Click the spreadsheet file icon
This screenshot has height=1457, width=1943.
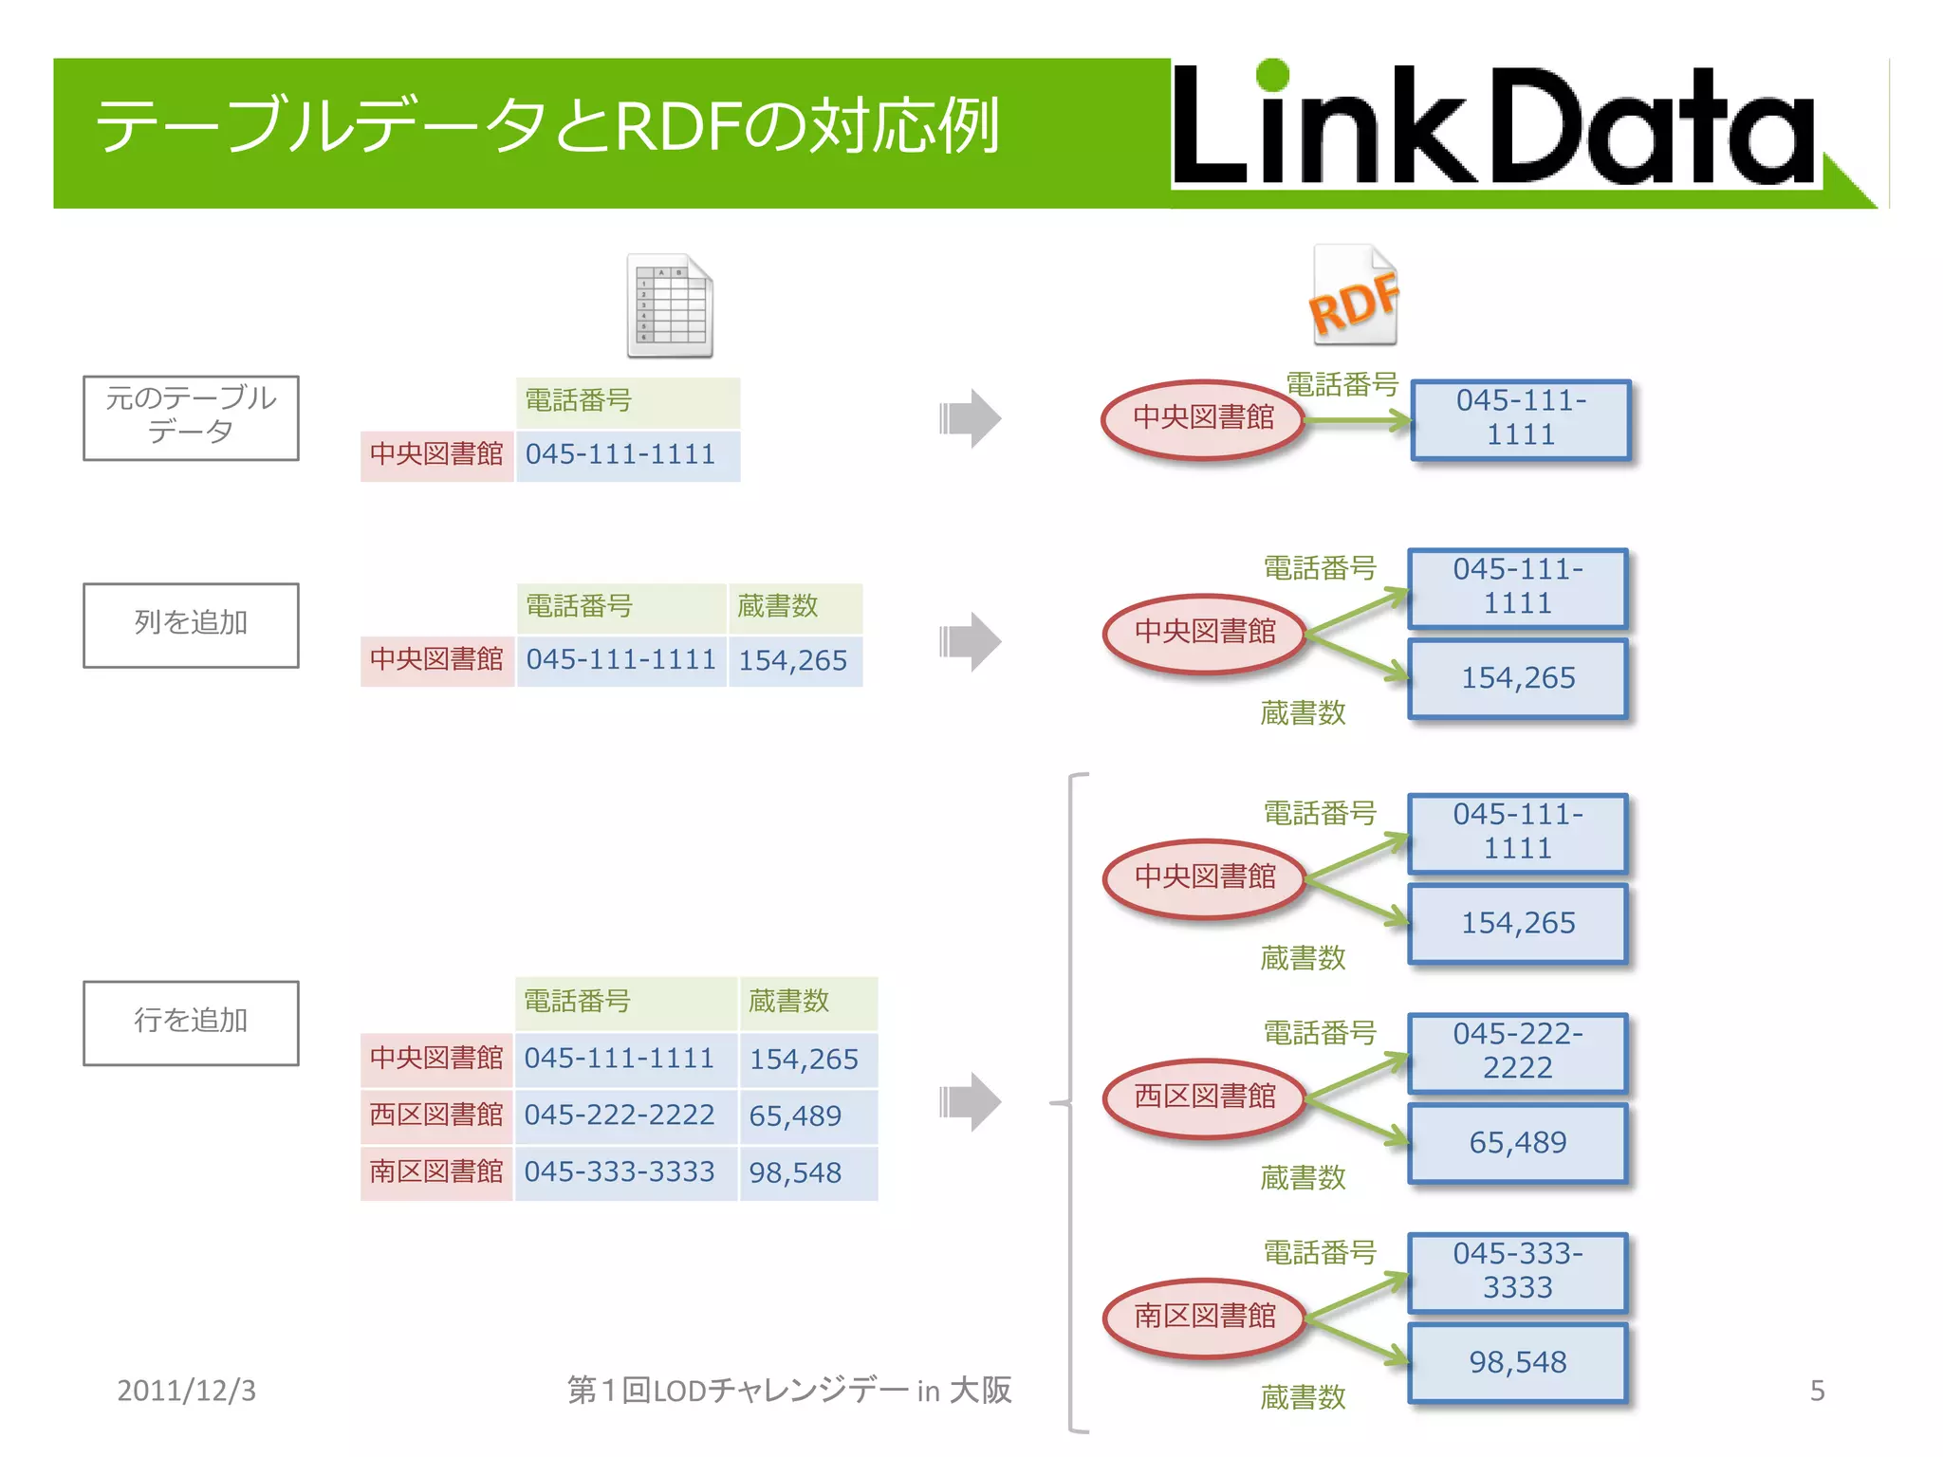[x=670, y=305]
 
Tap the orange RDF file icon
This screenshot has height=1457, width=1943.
[x=1355, y=296]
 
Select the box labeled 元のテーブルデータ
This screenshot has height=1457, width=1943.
[x=191, y=417]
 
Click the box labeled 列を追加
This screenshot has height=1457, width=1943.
[x=191, y=625]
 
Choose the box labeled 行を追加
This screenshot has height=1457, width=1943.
[x=191, y=1023]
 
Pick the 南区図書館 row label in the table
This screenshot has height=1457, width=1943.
[x=436, y=1172]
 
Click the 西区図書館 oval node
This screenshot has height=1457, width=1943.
[x=1205, y=1097]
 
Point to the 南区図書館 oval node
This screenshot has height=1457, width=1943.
[x=1205, y=1317]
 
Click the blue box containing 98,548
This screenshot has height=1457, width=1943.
[x=1517, y=1363]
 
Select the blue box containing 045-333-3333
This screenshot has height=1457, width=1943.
[x=1517, y=1271]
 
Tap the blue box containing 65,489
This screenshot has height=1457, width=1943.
[x=1517, y=1143]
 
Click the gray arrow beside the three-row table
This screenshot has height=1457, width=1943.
[x=971, y=1101]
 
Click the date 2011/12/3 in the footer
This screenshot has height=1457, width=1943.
[x=186, y=1391]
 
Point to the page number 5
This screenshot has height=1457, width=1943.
[x=1817, y=1391]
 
